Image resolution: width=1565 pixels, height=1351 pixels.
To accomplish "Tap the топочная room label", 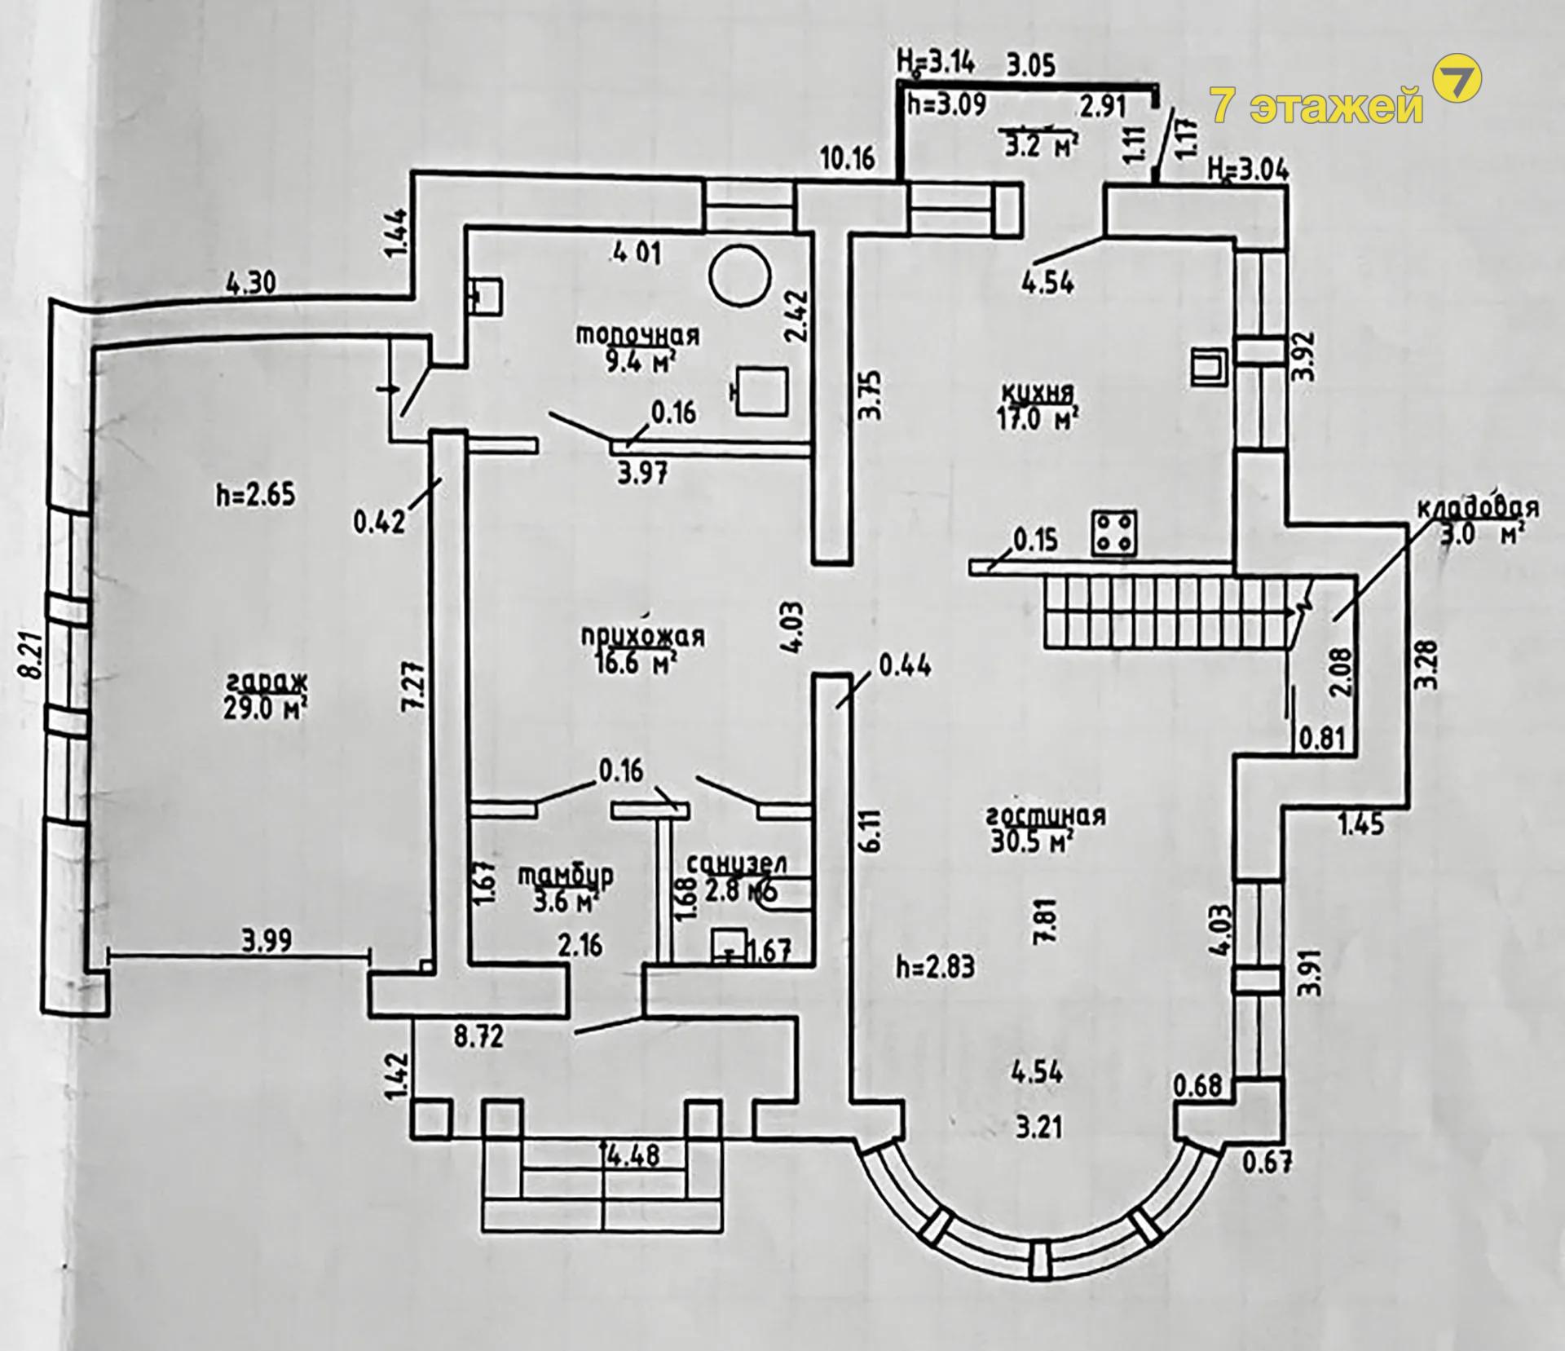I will [638, 335].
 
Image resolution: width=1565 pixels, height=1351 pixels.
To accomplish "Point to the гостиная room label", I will [1046, 816].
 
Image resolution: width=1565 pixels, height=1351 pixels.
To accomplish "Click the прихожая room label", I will [644, 636].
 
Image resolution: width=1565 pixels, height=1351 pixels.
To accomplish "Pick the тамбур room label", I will [566, 876].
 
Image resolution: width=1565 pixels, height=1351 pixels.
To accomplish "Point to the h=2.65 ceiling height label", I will [255, 495].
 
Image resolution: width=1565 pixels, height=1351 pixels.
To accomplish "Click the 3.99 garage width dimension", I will [267, 943].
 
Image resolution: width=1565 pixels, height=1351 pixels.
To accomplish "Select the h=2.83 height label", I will [935, 967].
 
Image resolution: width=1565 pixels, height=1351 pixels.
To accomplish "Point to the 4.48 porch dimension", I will [633, 1155].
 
